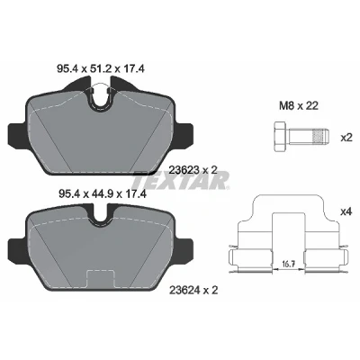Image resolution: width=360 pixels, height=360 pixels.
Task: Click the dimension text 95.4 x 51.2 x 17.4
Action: tap(101, 69)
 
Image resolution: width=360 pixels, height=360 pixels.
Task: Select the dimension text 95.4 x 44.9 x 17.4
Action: tap(102, 194)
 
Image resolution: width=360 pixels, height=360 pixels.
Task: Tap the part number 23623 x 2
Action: tap(193, 170)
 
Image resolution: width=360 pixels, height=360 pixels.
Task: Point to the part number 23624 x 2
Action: tap(193, 290)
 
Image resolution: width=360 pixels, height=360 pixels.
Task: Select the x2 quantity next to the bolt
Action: tap(346, 138)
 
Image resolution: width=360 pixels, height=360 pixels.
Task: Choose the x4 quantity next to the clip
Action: tap(346, 212)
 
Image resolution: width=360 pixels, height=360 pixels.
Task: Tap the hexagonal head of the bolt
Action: tap(281, 138)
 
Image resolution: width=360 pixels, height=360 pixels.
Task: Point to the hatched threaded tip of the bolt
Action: tap(320, 138)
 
